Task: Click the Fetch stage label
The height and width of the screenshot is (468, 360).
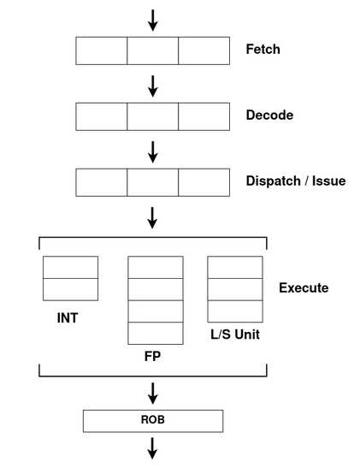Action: coord(263,50)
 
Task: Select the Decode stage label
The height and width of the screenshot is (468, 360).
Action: coord(269,116)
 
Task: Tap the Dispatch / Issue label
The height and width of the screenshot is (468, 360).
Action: coord(296,181)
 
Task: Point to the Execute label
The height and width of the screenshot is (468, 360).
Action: coord(304,287)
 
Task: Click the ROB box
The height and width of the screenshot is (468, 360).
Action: coord(153,421)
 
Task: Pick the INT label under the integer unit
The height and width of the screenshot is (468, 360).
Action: coord(68,318)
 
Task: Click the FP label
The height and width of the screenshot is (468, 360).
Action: coord(152,357)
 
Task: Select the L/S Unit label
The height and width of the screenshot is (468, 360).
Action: coord(235,335)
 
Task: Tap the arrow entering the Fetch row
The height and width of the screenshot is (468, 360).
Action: coord(153,21)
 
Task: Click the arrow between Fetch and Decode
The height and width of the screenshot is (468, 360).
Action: coord(153,86)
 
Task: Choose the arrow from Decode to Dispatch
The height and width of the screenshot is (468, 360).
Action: coord(153,152)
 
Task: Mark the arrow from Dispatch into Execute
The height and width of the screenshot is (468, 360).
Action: coord(152,218)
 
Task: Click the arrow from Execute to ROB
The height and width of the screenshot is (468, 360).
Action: coord(153,394)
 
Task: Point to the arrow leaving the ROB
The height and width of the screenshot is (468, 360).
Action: coord(152,448)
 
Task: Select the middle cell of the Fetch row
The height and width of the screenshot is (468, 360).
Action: coord(153,50)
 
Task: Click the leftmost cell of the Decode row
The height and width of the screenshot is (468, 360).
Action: coord(102,116)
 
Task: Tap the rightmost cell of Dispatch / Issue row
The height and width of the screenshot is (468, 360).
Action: coord(204,182)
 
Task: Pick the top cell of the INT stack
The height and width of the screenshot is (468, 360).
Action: coord(70,267)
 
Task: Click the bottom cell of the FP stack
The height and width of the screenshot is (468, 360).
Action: coord(156,333)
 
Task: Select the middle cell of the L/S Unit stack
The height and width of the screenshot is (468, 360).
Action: coord(235,289)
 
